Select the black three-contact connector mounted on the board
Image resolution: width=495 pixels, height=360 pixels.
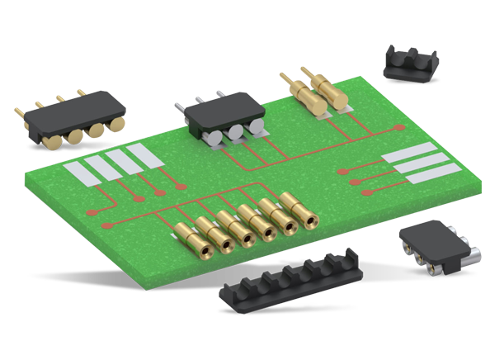point(225,122)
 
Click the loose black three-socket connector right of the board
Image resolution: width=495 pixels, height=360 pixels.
point(432,247)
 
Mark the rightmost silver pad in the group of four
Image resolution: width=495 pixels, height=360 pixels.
point(144,156)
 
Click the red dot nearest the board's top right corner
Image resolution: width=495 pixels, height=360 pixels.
point(401,128)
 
